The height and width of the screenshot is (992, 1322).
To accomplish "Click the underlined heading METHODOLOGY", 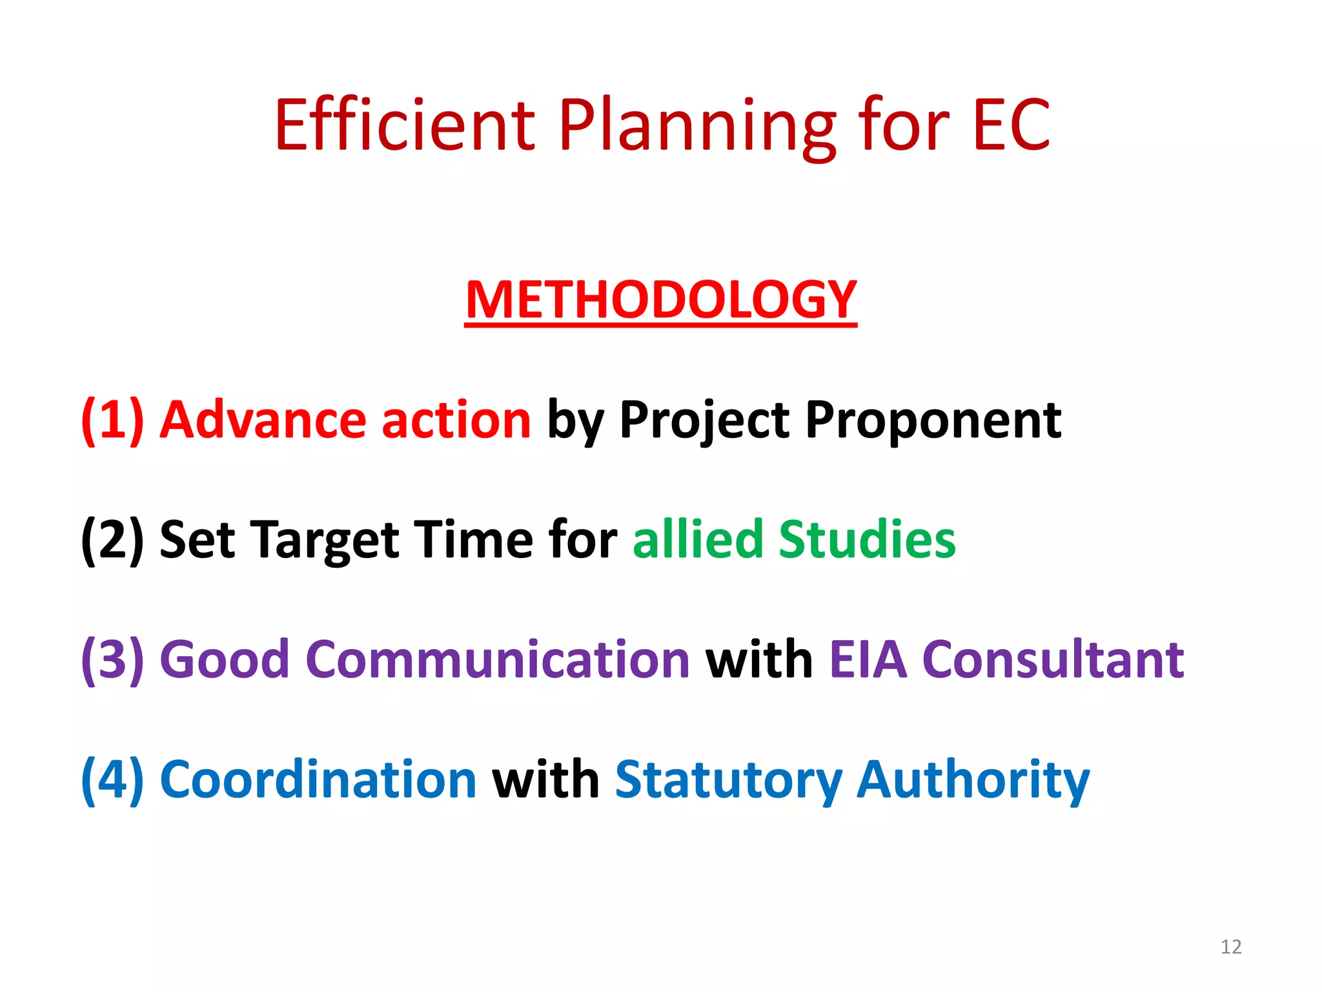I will point(660,300).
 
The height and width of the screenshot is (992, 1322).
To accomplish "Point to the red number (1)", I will point(112,420).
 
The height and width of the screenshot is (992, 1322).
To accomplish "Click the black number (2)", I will point(112,541).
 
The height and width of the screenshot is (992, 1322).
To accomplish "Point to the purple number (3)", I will point(112,660).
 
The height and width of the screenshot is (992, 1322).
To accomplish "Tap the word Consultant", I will point(1053,660).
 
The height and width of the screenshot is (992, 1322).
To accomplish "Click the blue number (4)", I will point(112,780).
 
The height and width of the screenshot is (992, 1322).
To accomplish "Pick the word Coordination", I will point(318,780).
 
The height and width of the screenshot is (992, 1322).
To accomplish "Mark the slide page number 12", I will point(1231,947).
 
